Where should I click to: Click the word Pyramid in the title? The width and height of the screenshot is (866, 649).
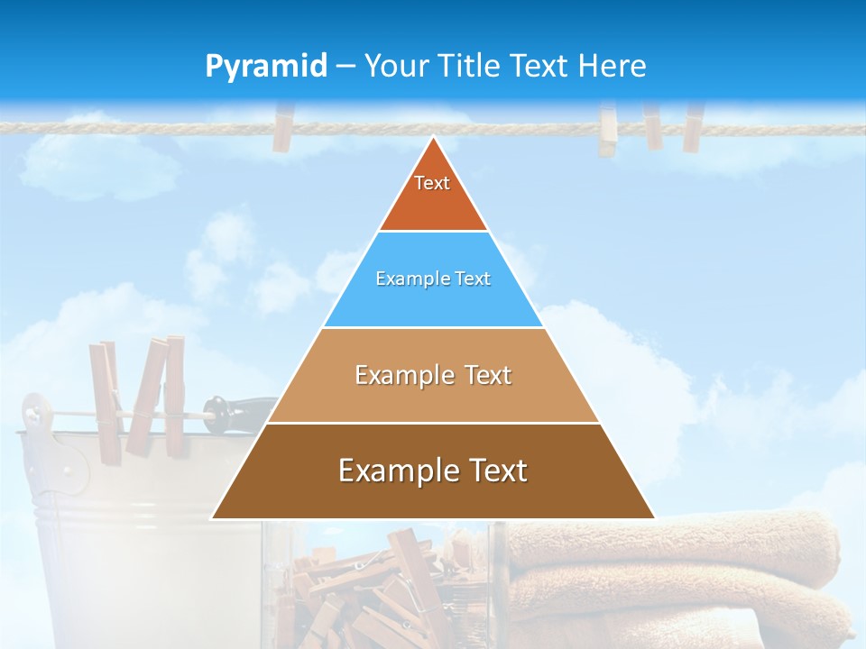click(266, 67)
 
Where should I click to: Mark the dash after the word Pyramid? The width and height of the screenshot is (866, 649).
click(345, 67)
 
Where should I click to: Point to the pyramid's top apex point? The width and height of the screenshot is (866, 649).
click(433, 138)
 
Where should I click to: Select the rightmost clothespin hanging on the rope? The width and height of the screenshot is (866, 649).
click(692, 126)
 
